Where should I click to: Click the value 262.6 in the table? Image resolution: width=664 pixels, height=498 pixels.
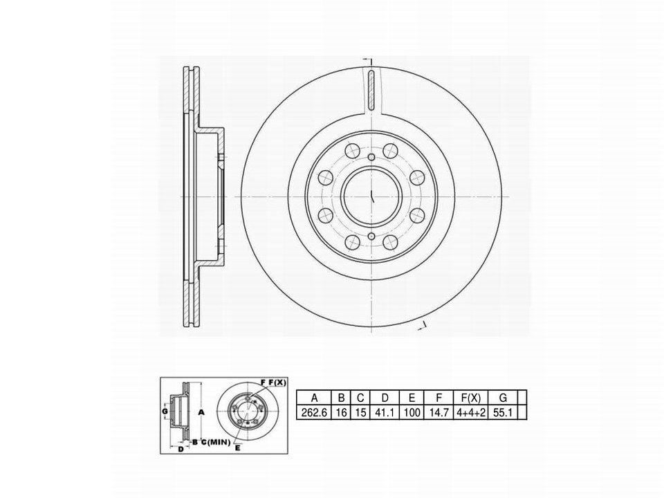point(314,412)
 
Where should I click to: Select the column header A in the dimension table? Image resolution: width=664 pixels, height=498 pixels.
point(314,398)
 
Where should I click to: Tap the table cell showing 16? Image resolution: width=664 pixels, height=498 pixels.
point(341,412)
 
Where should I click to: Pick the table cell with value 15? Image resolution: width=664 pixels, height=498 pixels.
point(360,412)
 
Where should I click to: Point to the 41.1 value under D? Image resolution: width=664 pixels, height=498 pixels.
point(385,412)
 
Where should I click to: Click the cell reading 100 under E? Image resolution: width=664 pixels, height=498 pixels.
point(412,412)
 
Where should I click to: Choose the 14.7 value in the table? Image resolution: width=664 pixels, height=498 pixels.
point(439,412)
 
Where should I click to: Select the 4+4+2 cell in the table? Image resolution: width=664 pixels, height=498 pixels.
point(470,412)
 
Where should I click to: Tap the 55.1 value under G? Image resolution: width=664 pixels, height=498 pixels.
point(503,412)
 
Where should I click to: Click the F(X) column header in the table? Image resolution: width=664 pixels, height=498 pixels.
point(470,398)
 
